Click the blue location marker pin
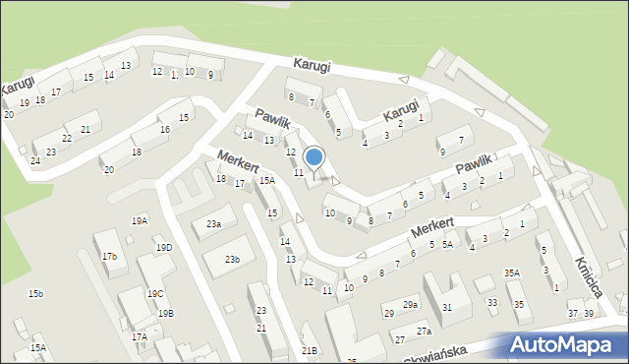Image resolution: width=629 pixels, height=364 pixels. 314,157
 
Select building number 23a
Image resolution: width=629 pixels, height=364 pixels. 213,224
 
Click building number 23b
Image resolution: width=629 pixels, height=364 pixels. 232,260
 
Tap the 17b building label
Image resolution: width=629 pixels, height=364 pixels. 109,257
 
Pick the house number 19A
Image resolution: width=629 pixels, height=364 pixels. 140,221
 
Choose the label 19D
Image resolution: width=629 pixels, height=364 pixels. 163,248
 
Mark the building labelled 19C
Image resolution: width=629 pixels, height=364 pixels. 155,294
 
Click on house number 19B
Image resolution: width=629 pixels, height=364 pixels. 165,314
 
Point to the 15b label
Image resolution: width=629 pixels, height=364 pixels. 35,294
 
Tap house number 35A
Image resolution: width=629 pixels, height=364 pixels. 511,273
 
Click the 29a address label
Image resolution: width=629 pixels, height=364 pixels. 410,306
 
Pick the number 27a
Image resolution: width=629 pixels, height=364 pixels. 424,332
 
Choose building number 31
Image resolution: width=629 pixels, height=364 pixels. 447,308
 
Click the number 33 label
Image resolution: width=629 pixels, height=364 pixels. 491,304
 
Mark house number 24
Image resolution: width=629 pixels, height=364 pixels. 35,160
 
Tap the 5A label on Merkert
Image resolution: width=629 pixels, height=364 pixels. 446,244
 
